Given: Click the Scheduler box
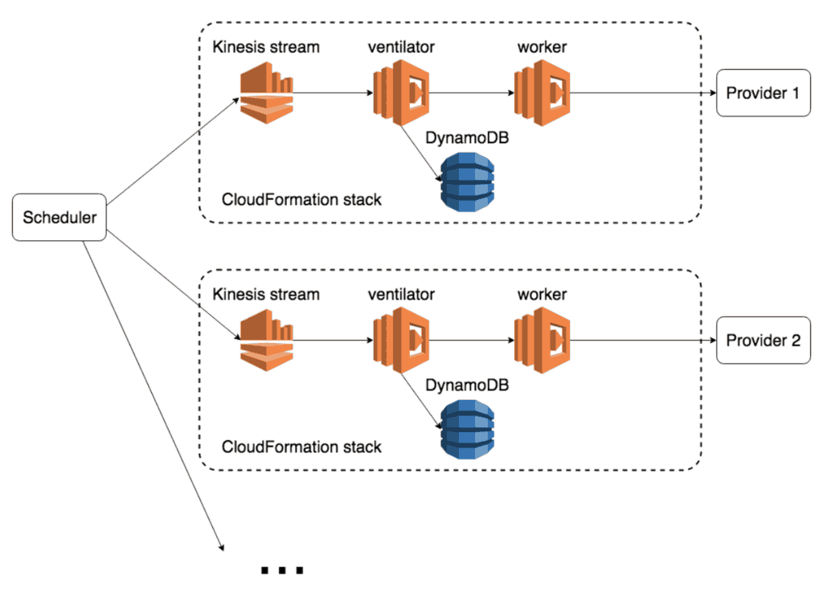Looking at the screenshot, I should click(60, 218).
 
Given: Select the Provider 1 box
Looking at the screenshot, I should click(763, 93).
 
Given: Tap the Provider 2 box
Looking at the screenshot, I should click(763, 341).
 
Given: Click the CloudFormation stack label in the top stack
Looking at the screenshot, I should click(301, 199).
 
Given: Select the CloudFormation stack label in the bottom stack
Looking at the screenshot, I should click(301, 447).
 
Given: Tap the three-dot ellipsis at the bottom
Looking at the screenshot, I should click(282, 571).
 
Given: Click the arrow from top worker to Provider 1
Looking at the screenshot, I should click(643, 93).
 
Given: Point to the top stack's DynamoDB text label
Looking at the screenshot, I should click(467, 139).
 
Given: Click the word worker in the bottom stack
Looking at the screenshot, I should click(543, 295).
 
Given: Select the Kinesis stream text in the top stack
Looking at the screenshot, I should click(266, 47).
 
